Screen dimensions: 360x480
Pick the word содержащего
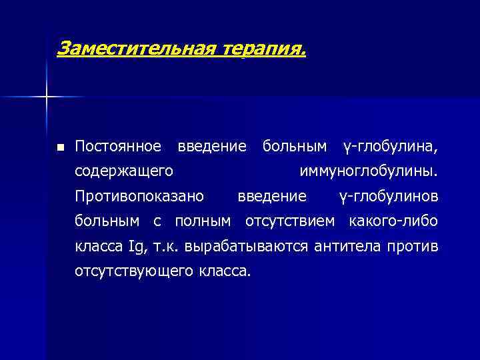click(x=125, y=171)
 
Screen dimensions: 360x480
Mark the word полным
click(x=202, y=221)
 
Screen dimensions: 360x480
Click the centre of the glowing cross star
click(x=47, y=97)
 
